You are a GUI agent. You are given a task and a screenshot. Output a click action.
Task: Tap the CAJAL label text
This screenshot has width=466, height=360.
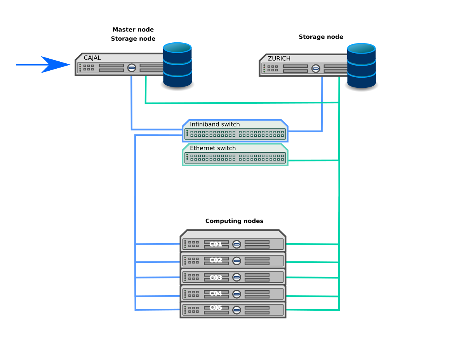point(92,58)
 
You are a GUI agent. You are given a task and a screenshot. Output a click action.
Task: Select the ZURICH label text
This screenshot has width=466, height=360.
point(279,59)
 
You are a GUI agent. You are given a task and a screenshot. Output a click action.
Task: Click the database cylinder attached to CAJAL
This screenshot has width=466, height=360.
point(177,64)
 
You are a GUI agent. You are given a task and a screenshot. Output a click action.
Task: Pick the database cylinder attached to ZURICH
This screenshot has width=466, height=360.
point(361,65)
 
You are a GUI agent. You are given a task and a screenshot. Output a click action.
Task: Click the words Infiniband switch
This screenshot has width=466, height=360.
point(215,125)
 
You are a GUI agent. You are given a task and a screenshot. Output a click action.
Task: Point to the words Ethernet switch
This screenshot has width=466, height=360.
point(213,148)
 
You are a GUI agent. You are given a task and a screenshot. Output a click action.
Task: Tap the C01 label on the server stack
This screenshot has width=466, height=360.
point(216,244)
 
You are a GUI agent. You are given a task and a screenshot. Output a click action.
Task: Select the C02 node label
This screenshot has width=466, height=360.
point(216,260)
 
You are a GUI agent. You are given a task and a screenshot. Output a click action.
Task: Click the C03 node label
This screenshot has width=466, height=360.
point(216,278)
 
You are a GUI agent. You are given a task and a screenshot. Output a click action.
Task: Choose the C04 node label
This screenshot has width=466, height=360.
point(216,293)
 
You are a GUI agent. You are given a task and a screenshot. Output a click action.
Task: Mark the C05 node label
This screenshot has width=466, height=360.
point(216,308)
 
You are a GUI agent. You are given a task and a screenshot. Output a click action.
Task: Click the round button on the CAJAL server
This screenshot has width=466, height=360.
point(132,68)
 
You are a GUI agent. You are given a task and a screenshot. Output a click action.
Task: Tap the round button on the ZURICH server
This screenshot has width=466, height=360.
point(316,68)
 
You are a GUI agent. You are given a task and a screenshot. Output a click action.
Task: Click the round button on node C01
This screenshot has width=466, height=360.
point(236,244)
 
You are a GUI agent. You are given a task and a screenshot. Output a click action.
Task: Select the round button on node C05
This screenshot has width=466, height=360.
point(236,310)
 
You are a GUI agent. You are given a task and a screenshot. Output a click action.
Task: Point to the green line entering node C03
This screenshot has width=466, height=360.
point(311,277)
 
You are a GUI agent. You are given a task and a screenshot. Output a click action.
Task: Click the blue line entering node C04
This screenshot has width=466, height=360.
point(157,296)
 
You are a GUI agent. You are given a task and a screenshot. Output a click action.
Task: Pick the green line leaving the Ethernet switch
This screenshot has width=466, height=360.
point(313,160)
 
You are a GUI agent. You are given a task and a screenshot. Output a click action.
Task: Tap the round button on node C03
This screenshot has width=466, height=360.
point(236,277)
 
